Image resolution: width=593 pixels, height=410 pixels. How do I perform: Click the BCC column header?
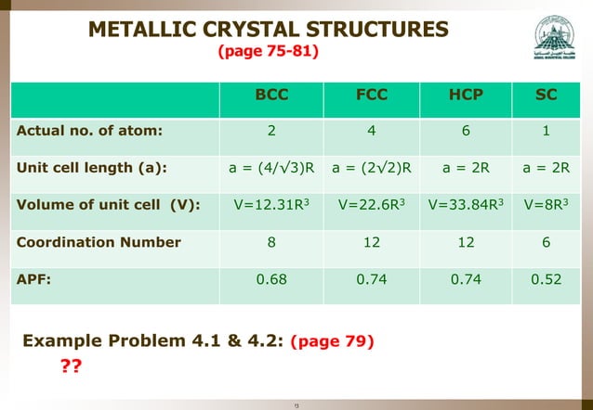(272, 95)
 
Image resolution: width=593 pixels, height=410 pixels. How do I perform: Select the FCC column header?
(372, 95)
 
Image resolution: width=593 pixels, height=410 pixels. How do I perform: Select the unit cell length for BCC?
(272, 168)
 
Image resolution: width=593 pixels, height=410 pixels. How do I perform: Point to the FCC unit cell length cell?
(372, 168)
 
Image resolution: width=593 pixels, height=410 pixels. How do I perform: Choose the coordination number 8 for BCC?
(272, 242)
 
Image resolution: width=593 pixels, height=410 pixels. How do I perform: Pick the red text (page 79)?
(334, 341)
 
